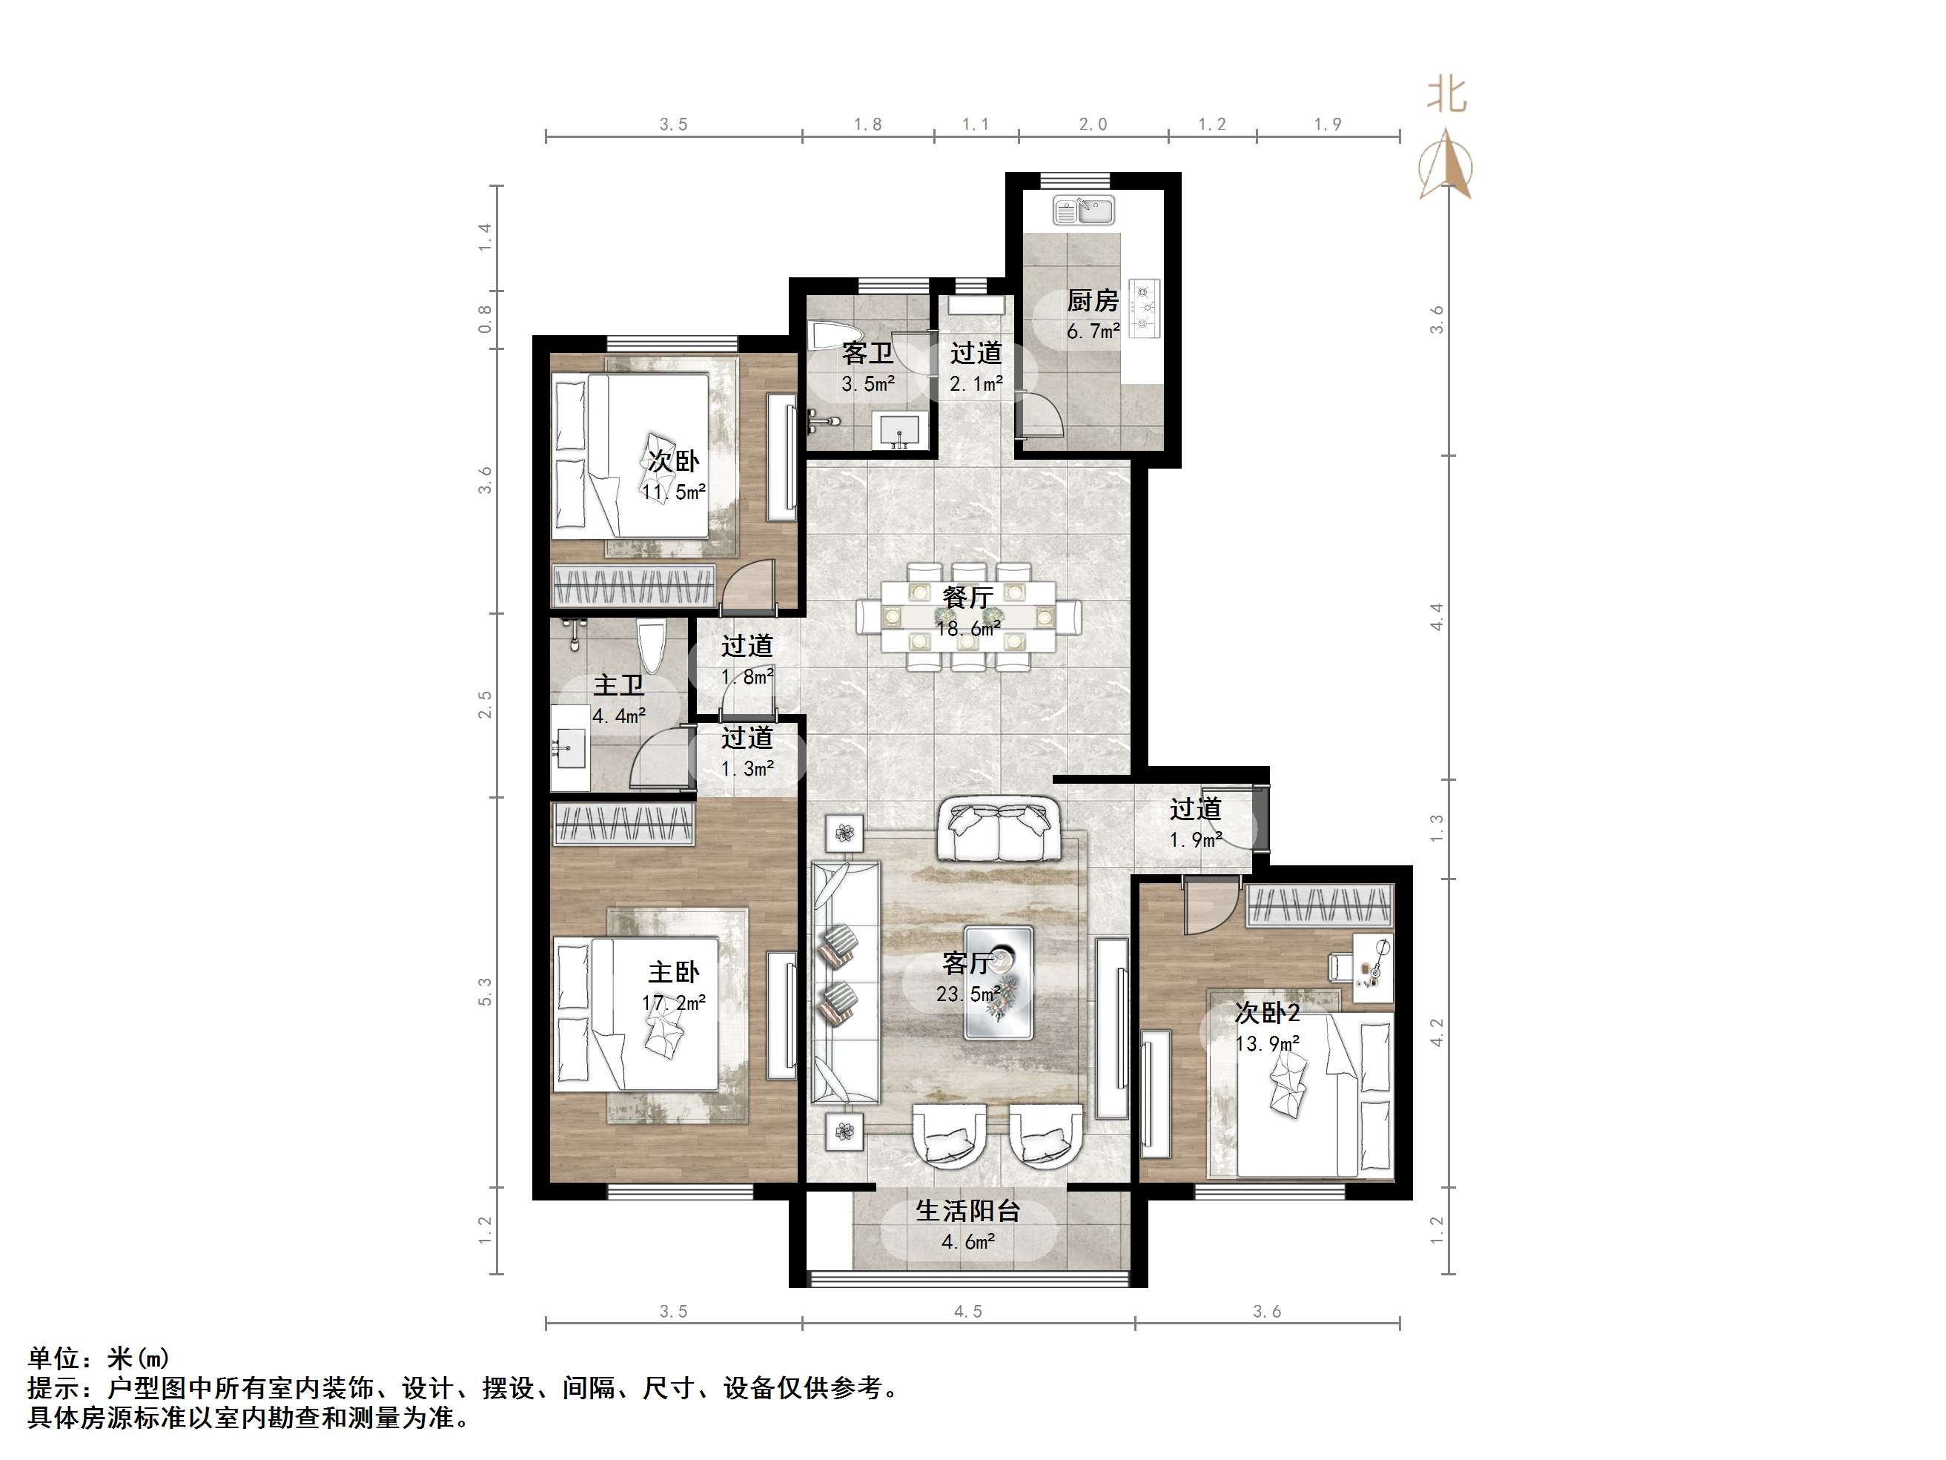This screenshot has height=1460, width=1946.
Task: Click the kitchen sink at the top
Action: pyautogui.click(x=1084, y=211)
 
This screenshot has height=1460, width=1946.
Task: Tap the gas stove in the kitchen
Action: pyautogui.click(x=1145, y=308)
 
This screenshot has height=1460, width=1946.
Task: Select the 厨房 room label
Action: pyautogui.click(x=1093, y=301)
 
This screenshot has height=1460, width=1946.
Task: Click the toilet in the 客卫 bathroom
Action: pyautogui.click(x=828, y=338)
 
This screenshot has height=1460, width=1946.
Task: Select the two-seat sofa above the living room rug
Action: pyautogui.click(x=998, y=829)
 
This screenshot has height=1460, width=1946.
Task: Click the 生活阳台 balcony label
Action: pyautogui.click(x=967, y=1211)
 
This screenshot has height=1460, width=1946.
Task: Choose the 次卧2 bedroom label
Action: pyautogui.click(x=1267, y=1013)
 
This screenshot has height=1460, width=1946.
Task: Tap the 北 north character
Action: pyautogui.click(x=1446, y=94)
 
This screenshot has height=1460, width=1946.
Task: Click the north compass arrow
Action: pyautogui.click(x=1446, y=164)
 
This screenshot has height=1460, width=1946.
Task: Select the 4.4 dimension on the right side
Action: pyautogui.click(x=1437, y=617)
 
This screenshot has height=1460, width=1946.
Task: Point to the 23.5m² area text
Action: pyautogui.click(x=967, y=994)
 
